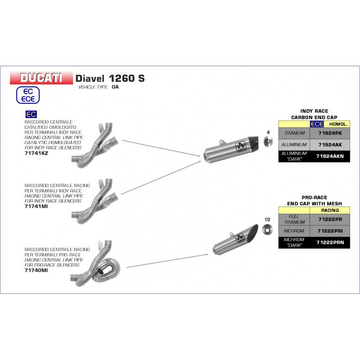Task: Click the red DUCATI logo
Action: coord(41,78)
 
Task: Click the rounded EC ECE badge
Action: coord(28,95)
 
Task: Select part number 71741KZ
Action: coord(36,153)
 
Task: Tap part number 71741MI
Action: coord(36,207)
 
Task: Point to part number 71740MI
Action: coord(36,270)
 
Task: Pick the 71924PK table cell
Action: coord(330,133)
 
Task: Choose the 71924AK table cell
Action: coord(330,145)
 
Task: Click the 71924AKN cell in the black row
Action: coord(330,156)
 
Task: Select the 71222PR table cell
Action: coord(330,220)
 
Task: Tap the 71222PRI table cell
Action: coord(330,231)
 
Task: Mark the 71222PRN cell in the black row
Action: coord(330,243)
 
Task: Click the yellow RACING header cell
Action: coord(330,210)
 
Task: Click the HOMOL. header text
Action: coord(338,124)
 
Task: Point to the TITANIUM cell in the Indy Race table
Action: coord(294,133)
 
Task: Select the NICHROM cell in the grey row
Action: coord(294,231)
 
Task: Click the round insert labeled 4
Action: coord(268,142)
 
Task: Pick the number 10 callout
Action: coord(267,220)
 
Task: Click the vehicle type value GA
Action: coord(115,87)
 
